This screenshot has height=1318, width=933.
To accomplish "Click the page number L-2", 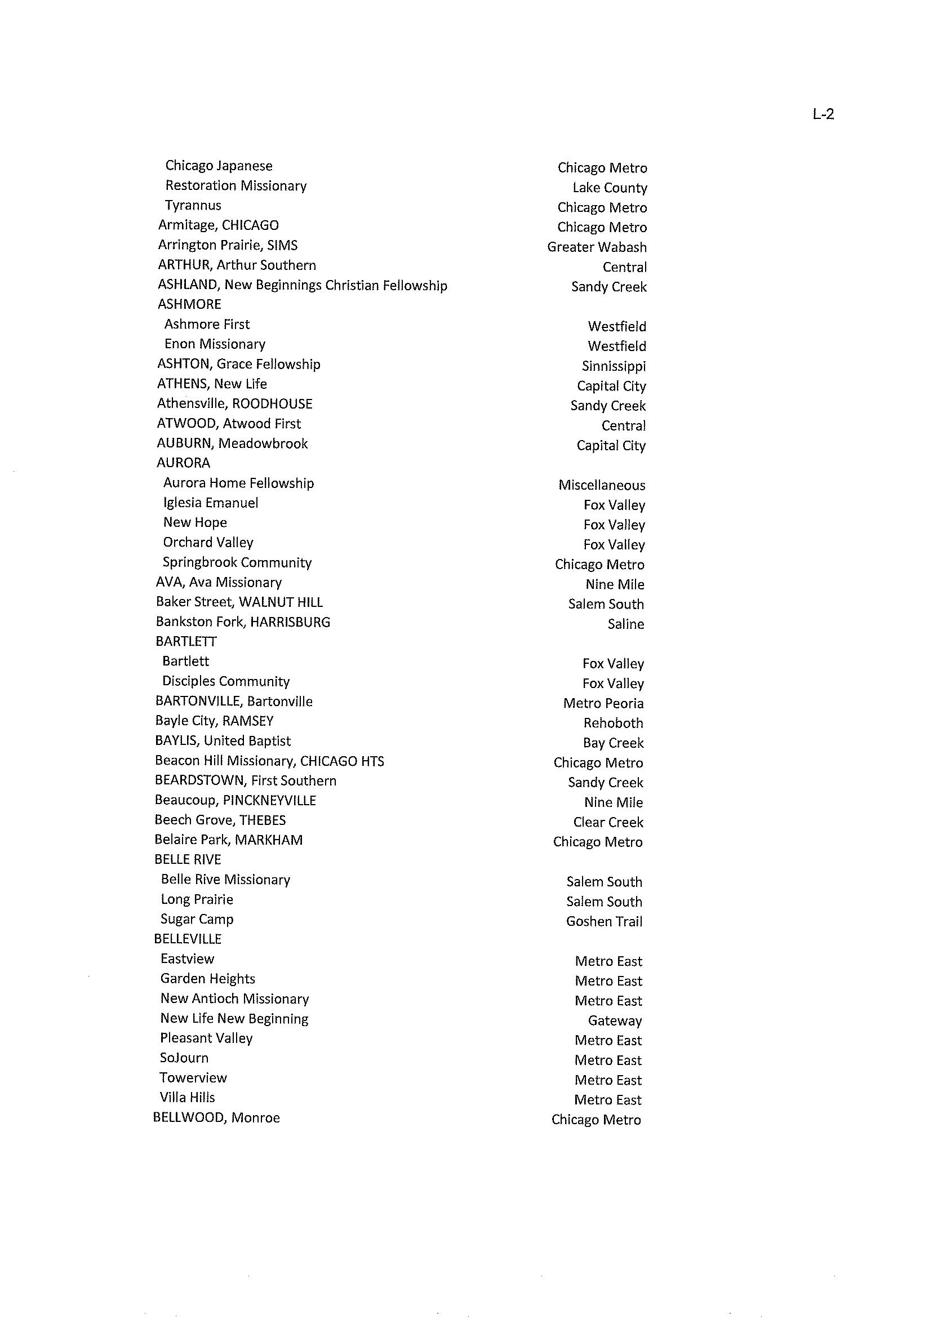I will point(823,114).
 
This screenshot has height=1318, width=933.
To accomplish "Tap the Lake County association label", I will point(609,188).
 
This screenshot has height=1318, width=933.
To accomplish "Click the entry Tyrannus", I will point(193,206).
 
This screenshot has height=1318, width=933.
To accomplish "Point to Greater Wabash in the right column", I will point(596,247).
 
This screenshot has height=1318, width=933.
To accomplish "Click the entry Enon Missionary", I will point(214,344).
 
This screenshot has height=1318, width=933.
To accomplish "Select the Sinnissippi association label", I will point(613,366).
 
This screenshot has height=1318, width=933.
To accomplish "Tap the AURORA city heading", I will point(183,463).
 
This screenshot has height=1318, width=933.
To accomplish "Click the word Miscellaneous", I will point(601,486).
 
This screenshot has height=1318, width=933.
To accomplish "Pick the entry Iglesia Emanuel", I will point(210,503).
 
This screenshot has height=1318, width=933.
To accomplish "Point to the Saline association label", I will point(625,624).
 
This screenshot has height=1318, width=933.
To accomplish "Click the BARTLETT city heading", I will point(185,642).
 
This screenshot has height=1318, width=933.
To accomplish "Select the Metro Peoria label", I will point(603,704).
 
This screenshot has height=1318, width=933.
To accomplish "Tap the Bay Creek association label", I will point(612,743).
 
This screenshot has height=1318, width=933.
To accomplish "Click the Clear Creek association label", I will point(608,823).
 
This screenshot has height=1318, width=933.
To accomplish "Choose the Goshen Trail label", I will point(604,921).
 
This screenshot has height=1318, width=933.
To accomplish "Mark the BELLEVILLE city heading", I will point(187,939).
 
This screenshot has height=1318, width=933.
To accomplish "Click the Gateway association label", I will point(614,1021).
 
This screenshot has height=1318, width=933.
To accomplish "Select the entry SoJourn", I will point(184,1058).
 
